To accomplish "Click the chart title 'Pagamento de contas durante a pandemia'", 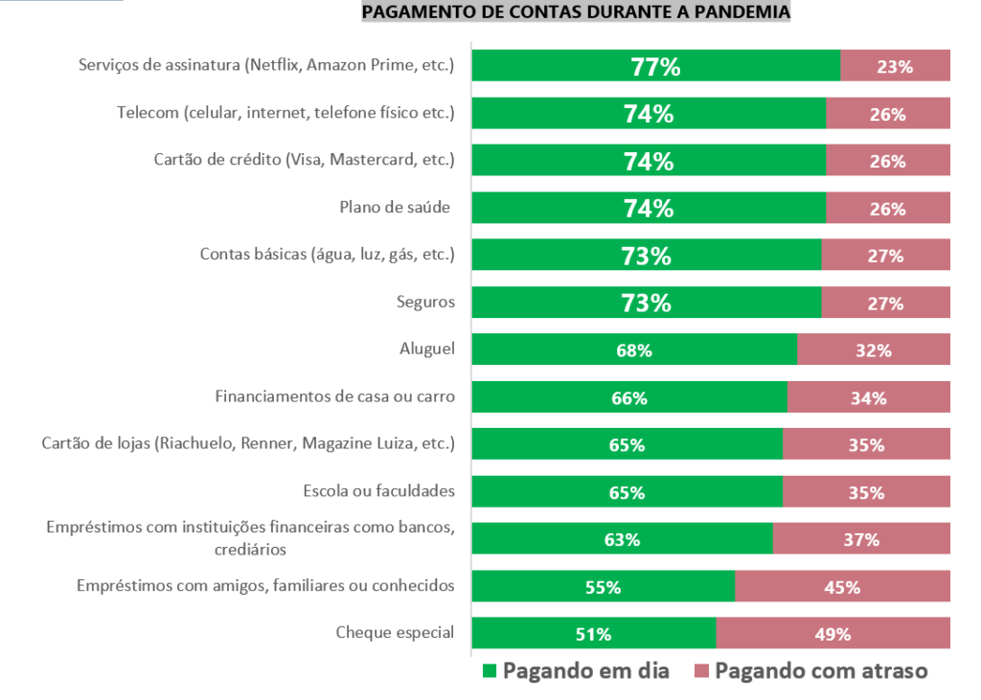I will point(576,12).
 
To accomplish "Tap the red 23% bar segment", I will point(895,66).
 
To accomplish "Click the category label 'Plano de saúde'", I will point(394,208).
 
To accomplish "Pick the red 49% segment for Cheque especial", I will point(833,634).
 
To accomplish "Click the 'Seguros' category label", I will point(425,303).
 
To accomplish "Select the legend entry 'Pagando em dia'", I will point(575,670).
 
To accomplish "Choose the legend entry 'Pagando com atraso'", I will point(810,670).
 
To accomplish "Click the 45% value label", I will point(842,587).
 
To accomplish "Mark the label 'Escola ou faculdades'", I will point(377,492).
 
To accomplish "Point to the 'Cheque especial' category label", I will point(395,633).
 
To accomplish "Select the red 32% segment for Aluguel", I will point(874,350).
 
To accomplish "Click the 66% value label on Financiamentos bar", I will point(629,398).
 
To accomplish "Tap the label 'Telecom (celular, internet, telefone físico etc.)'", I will point(285,113).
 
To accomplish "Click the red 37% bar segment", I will point(861,539).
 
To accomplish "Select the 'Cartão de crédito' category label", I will point(304,160).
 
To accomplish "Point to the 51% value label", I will point(594,634).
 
